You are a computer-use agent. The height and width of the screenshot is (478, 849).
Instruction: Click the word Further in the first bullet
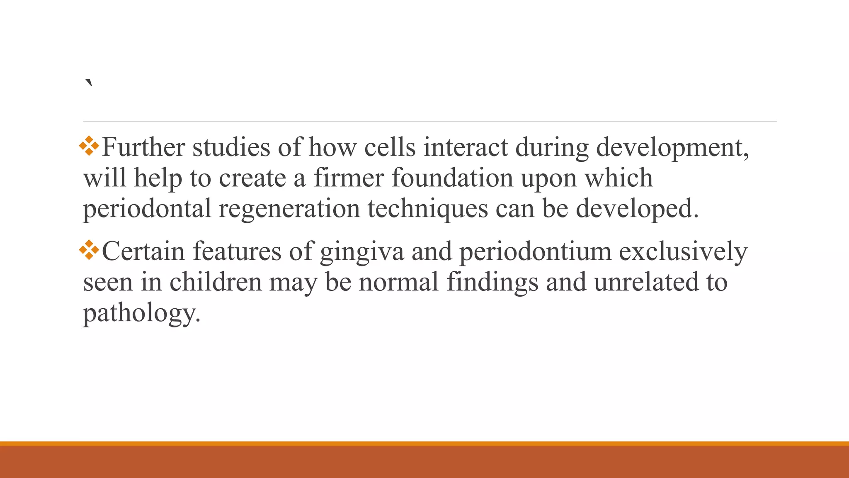(x=143, y=147)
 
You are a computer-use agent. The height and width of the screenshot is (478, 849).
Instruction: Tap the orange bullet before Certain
(x=89, y=250)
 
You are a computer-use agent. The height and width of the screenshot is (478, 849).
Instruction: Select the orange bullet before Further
(x=89, y=146)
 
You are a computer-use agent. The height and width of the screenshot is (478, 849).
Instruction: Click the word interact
(x=466, y=147)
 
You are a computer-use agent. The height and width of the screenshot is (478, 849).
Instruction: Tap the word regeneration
(x=289, y=209)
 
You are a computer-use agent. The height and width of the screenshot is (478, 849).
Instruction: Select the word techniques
(x=427, y=209)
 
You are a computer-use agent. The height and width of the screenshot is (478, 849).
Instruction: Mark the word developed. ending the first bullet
(x=637, y=209)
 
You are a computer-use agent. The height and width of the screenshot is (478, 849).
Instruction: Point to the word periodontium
(x=535, y=251)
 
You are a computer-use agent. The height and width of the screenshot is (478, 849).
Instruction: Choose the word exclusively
(x=683, y=251)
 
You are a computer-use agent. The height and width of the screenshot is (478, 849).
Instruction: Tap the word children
(x=216, y=282)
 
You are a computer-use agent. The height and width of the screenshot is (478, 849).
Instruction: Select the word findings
(x=492, y=282)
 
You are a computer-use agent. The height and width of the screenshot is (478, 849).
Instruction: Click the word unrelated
(x=642, y=282)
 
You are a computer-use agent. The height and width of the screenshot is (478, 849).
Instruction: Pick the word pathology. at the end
(x=142, y=314)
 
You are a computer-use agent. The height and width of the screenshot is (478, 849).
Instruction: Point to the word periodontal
(x=147, y=209)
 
